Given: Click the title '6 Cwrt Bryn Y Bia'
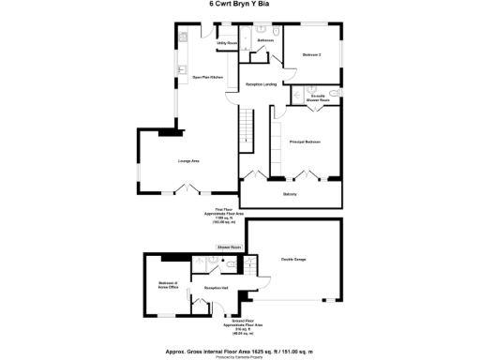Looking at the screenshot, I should click(240, 4).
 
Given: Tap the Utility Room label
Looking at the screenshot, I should click(226, 43).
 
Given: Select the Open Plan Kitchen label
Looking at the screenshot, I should click(206, 77).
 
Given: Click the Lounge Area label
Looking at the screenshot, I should click(188, 161).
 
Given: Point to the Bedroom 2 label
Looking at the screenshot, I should click(312, 55).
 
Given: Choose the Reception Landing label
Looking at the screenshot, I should click(261, 84).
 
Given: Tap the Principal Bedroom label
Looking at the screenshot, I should click(307, 142).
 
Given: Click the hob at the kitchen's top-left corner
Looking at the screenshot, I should click(185, 37).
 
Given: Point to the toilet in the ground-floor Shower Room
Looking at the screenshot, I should click(228, 264).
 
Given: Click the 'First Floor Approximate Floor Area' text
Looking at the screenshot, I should click(223, 216).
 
